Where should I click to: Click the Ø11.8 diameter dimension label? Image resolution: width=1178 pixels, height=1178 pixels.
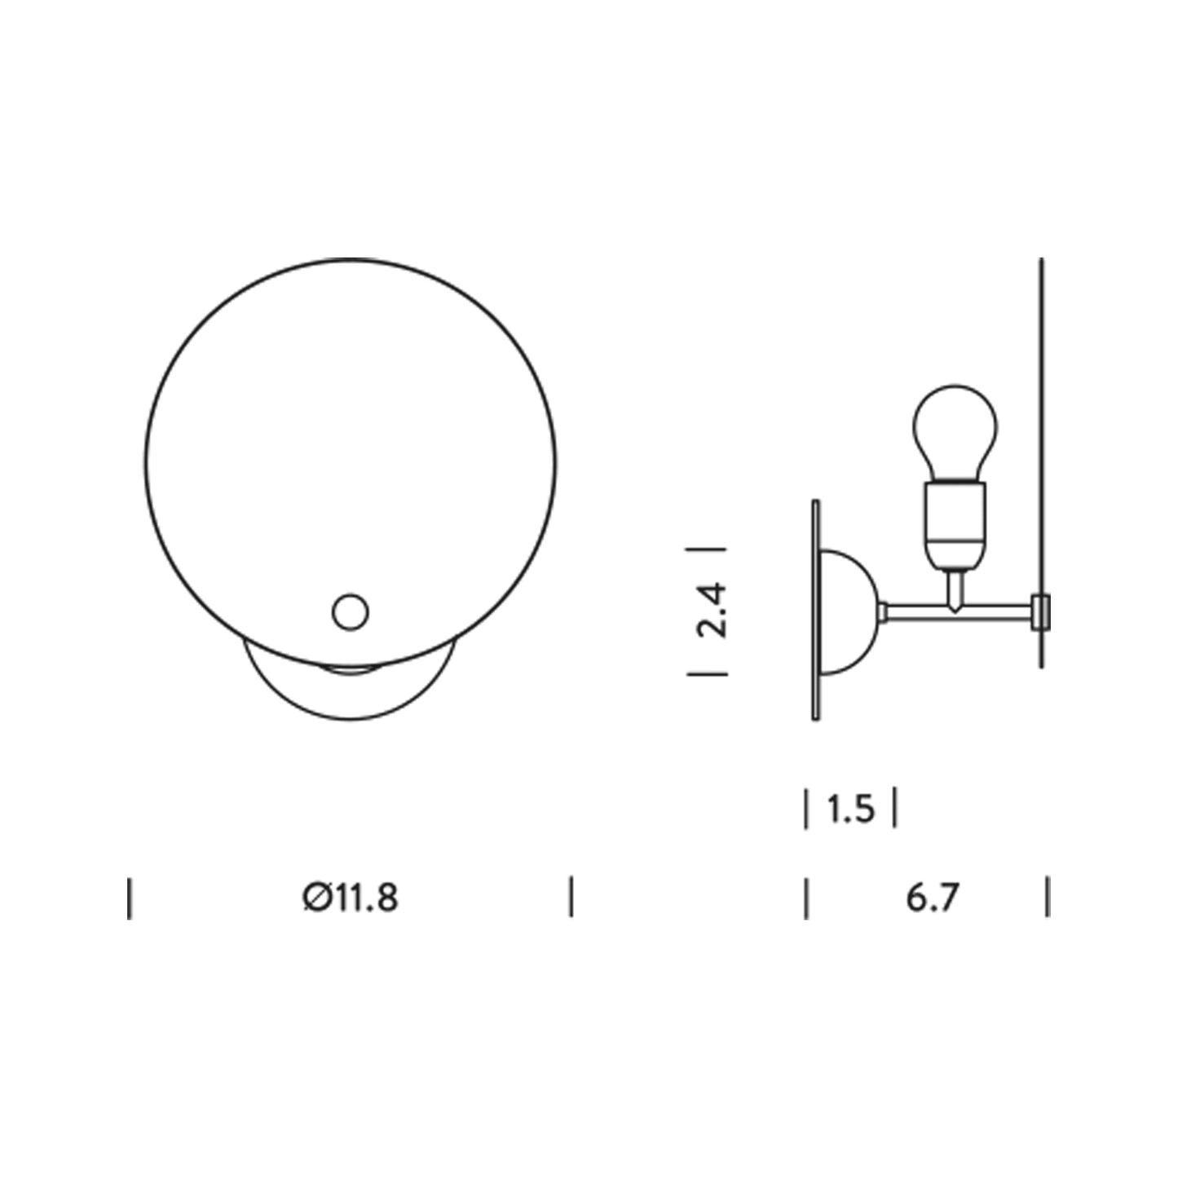(351, 898)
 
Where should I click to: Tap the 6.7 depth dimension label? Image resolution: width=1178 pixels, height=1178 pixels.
(932, 898)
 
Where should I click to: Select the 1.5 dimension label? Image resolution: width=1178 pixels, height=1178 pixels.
(850, 810)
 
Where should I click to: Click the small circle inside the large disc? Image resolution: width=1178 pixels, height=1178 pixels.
(351, 611)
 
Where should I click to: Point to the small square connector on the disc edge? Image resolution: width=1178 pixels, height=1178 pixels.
(1039, 611)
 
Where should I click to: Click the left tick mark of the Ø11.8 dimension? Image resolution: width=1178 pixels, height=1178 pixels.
(130, 898)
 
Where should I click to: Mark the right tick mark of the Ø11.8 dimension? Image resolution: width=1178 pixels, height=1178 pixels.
(571, 897)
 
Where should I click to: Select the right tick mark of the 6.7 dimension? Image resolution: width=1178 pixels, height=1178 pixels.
(1048, 897)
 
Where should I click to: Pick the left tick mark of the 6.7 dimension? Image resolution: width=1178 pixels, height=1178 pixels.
(807, 897)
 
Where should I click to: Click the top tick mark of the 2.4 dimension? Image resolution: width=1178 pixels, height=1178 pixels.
(707, 549)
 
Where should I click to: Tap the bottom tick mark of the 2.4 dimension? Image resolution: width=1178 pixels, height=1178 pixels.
(707, 673)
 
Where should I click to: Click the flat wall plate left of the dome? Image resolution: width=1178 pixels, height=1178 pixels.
(815, 610)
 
